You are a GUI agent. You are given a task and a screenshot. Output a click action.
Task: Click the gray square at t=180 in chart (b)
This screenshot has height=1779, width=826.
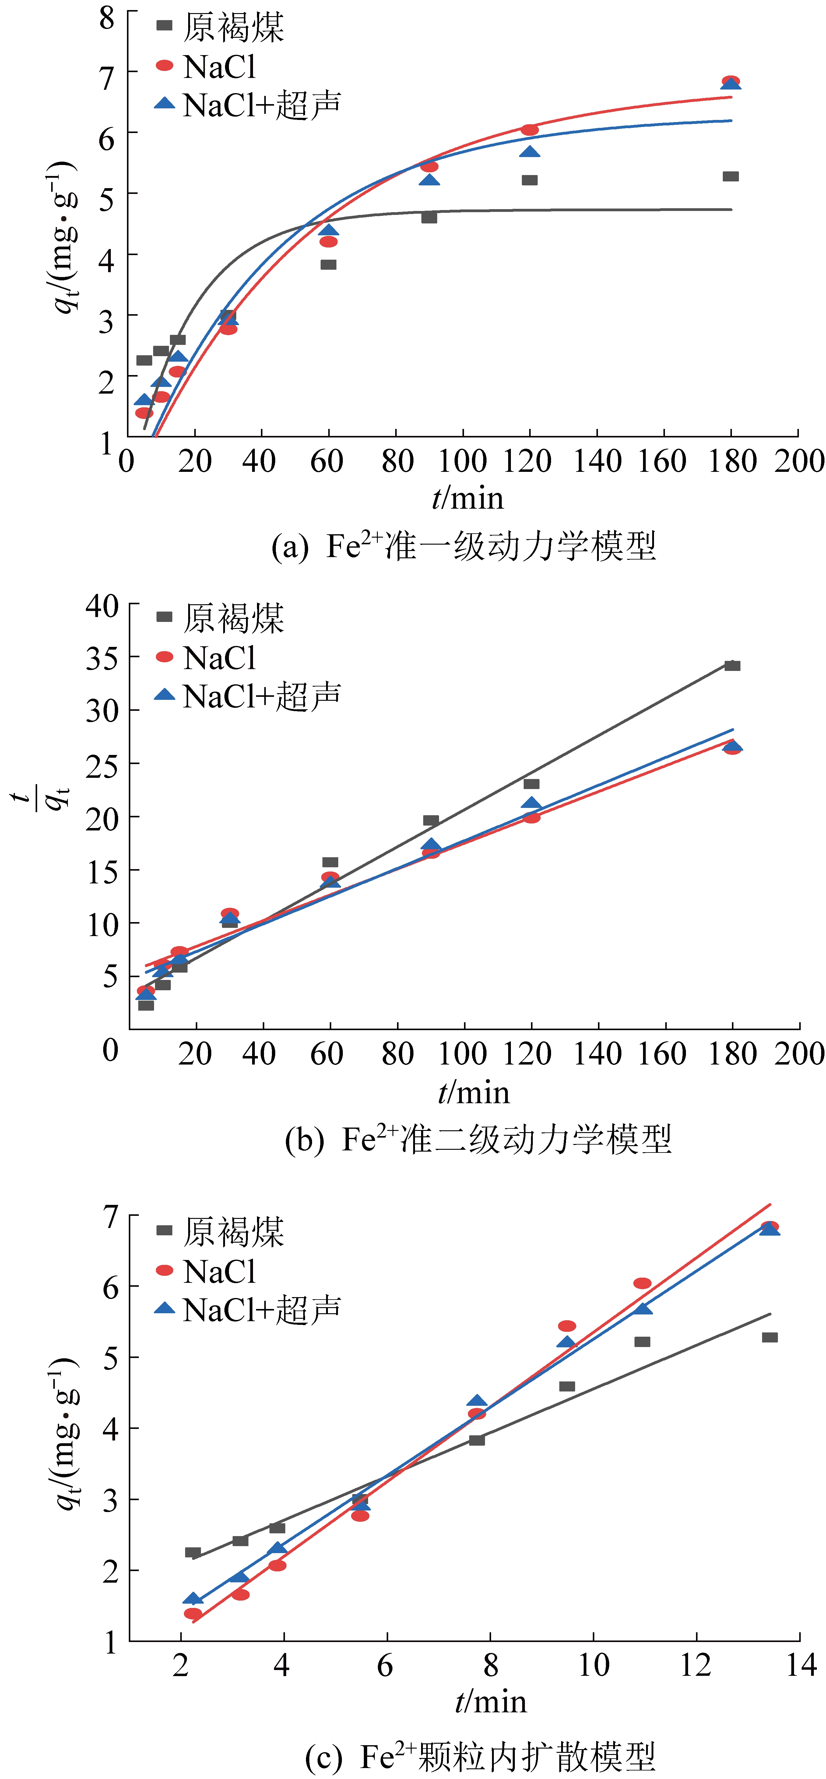pyautogui.click(x=732, y=666)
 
